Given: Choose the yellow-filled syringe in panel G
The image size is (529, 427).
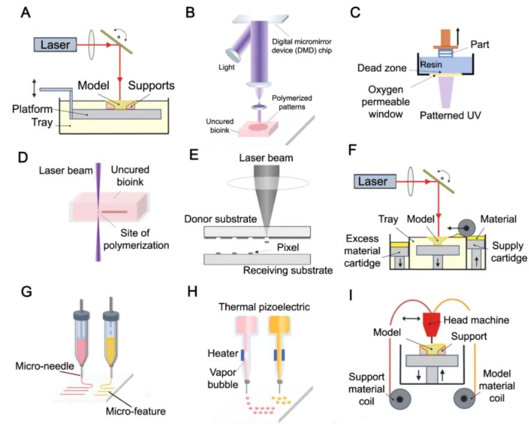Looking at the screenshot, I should click(x=112, y=340).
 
